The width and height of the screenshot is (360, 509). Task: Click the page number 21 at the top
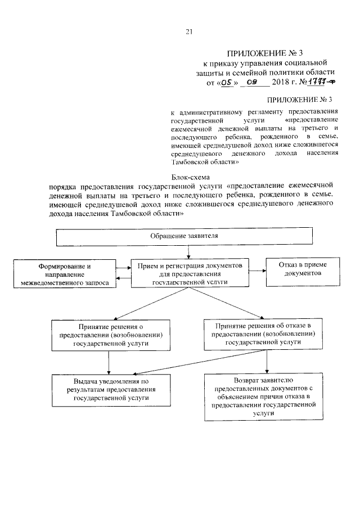pos(190,32)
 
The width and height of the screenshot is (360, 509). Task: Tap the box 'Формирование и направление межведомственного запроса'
pos(65,274)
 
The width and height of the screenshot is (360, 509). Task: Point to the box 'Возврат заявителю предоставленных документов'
pos(263,397)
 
